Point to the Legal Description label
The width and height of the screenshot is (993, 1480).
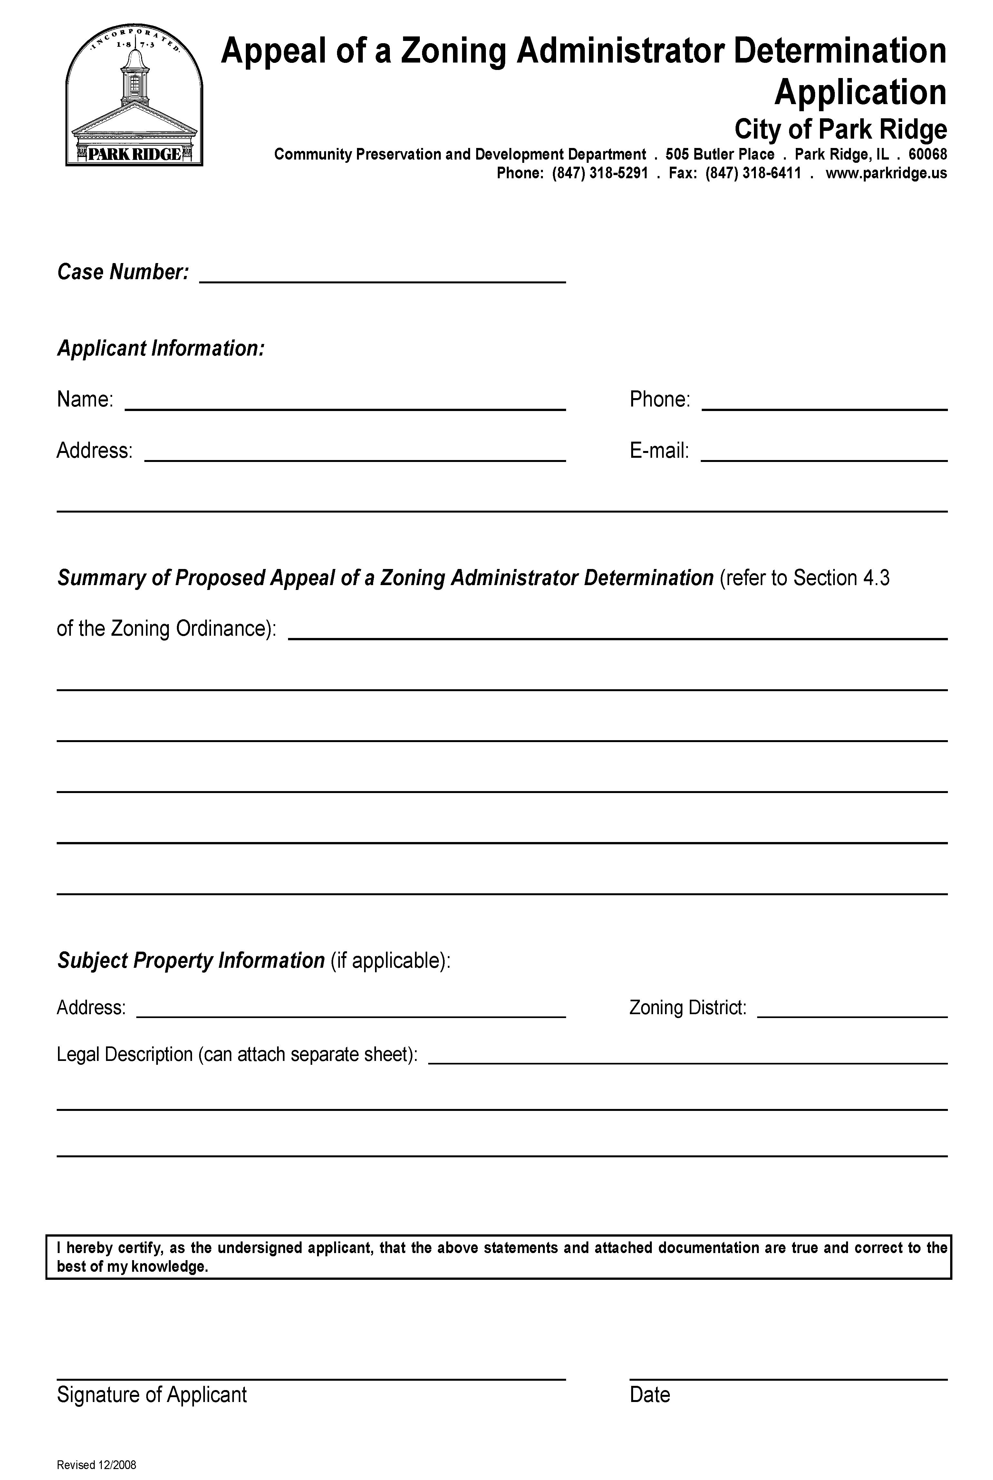pos(237,1054)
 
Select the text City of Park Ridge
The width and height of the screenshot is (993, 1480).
pos(840,129)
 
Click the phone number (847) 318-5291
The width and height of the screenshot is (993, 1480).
pos(600,173)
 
